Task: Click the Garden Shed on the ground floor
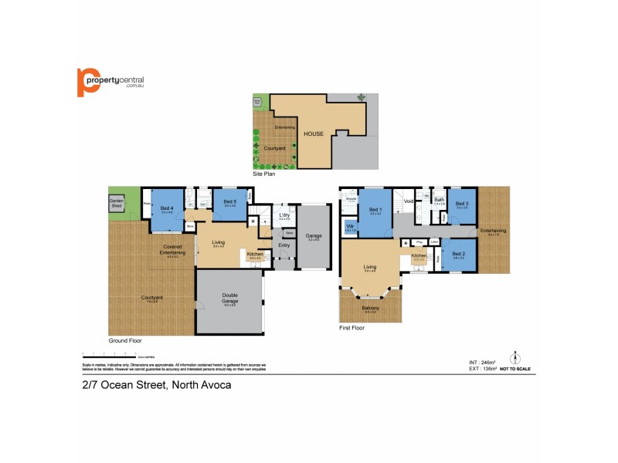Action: point(117,204)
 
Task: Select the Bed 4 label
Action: point(166,208)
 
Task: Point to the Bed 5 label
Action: point(229,203)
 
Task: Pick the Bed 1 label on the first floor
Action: point(375,210)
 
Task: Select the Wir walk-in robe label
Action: point(348,227)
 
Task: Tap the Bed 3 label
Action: point(462,203)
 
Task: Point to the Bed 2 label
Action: point(458,254)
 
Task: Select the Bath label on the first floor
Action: point(439,201)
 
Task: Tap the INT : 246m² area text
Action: point(482,361)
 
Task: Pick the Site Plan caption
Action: point(264,174)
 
